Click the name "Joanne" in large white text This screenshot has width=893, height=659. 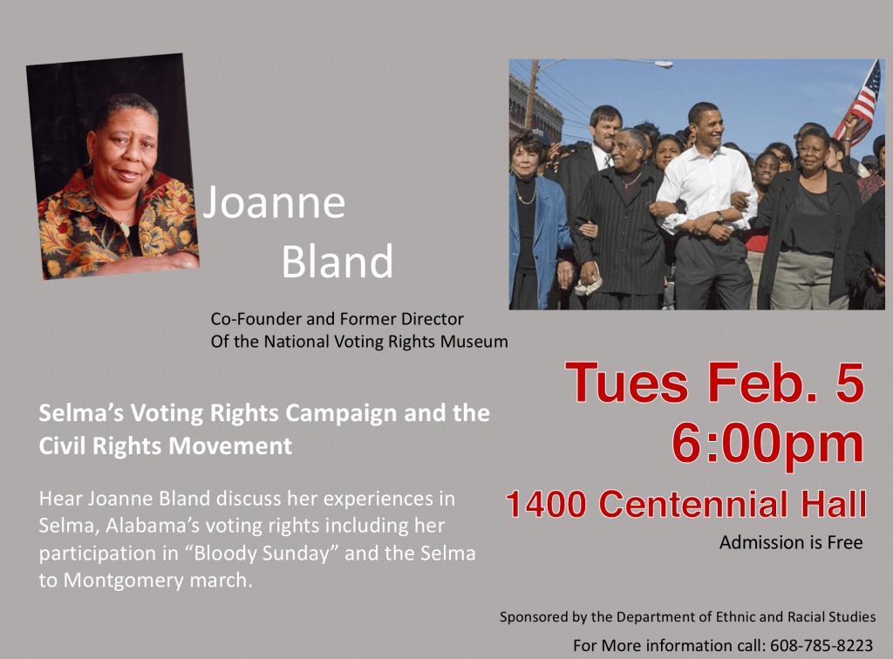[x=274, y=202]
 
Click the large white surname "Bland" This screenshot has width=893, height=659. [x=337, y=262]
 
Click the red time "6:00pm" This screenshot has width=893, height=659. [x=767, y=444]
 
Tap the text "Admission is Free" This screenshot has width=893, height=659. [x=791, y=542]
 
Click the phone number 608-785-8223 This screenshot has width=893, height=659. [x=821, y=645]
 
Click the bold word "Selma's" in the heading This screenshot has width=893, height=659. [x=81, y=413]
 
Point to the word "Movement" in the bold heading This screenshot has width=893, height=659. [x=230, y=445]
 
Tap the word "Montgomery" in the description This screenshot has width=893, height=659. [x=124, y=581]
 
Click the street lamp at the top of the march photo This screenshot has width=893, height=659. [x=661, y=65]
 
